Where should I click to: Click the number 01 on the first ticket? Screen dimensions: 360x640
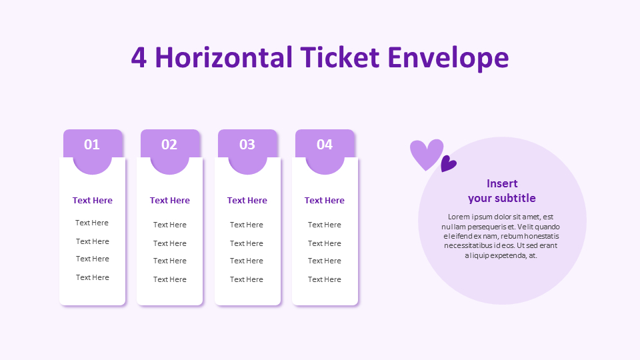tap(92, 145)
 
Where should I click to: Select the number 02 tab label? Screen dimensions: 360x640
tap(169, 145)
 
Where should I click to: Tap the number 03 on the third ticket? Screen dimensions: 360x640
tap(247, 145)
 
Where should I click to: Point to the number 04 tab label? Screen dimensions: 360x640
tap(325, 145)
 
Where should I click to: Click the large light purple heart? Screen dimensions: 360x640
tap(425, 153)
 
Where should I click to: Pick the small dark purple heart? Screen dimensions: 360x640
tap(448, 163)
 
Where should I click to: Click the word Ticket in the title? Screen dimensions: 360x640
tap(340, 57)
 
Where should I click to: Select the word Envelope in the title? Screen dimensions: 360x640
tap(449, 57)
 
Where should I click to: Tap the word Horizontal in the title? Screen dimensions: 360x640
tap(224, 57)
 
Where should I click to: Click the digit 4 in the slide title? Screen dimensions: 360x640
tap(139, 57)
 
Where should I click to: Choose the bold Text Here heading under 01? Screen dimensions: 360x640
tap(93, 201)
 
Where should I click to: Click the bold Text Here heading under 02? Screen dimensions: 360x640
tap(170, 201)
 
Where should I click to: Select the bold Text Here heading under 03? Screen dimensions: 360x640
tap(247, 201)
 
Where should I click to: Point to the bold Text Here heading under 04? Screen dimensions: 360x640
tap(325, 201)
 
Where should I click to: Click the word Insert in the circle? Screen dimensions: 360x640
tap(502, 184)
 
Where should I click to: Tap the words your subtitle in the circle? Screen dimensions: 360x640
tap(502, 198)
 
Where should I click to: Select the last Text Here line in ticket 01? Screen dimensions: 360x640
tap(93, 277)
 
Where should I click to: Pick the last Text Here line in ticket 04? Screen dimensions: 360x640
tap(325, 279)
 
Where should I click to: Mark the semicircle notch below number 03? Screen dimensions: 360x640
tap(247, 166)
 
